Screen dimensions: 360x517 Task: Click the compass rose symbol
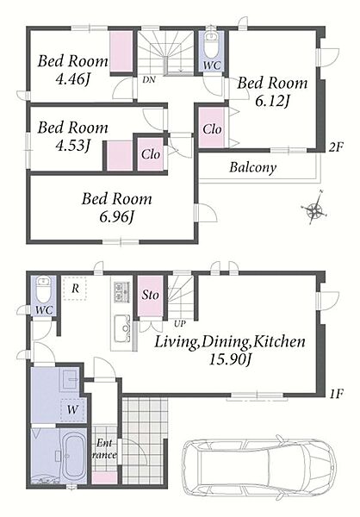315,208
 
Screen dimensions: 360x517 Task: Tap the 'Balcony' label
253,167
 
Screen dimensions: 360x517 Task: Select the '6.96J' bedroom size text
117,216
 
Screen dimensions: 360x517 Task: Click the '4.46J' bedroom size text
73,78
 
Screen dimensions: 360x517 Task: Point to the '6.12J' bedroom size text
272,101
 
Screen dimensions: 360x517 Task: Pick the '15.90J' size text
231,359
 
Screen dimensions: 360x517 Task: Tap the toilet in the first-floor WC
43,290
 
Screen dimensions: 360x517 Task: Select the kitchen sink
122,328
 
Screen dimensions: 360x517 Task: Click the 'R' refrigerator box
75,289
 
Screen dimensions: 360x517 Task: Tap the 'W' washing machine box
73,410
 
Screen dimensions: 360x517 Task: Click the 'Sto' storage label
151,295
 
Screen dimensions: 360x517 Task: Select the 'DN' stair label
149,80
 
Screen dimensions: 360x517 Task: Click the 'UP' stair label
180,323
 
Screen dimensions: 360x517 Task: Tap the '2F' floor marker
336,147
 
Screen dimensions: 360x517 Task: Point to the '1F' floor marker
336,394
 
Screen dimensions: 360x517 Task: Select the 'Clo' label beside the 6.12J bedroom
212,129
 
